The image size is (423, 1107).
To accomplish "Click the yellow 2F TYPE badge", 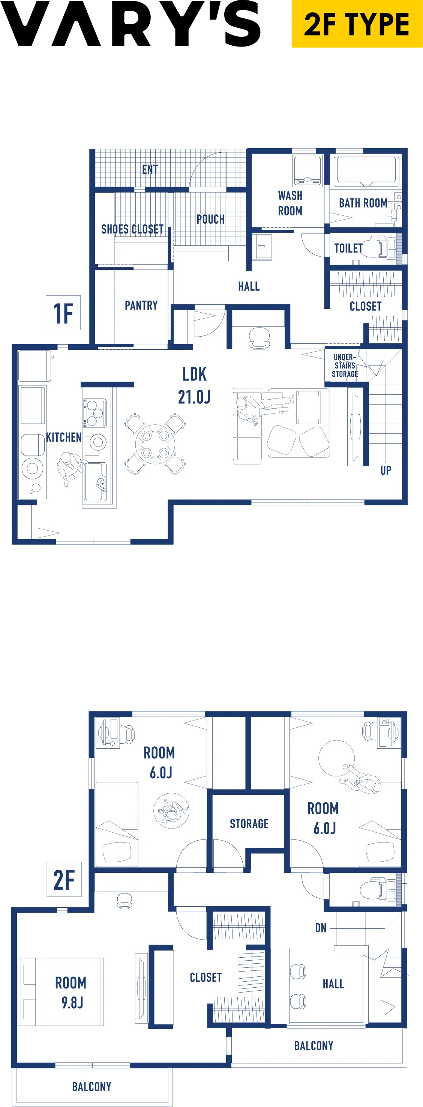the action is click(357, 24).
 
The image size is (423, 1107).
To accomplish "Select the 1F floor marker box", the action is click(63, 313).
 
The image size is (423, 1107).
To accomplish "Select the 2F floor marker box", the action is click(64, 879).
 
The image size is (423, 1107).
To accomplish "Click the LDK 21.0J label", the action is click(195, 385).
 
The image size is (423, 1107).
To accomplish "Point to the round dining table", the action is click(155, 444).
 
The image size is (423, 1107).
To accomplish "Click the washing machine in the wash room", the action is click(307, 171).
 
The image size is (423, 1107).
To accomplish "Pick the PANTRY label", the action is click(141, 305).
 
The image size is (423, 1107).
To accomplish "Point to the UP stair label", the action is click(385, 471).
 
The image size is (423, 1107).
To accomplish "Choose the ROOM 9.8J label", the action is click(71, 992).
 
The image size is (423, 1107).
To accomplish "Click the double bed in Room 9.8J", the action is click(60, 991).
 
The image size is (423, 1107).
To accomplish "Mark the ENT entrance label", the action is click(150, 169).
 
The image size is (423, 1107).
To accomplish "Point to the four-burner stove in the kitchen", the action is click(95, 413).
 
